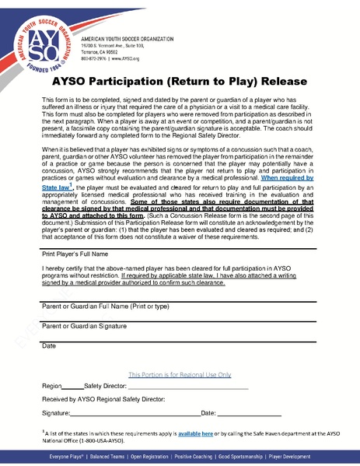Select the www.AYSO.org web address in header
coord(123,58)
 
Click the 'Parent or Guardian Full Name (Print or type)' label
coord(101,306)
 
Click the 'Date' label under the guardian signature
coord(48,345)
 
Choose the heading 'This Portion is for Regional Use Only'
coord(180,373)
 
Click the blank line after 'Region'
coord(72,387)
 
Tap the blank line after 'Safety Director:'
coord(187,387)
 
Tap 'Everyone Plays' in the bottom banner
coord(68,455)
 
